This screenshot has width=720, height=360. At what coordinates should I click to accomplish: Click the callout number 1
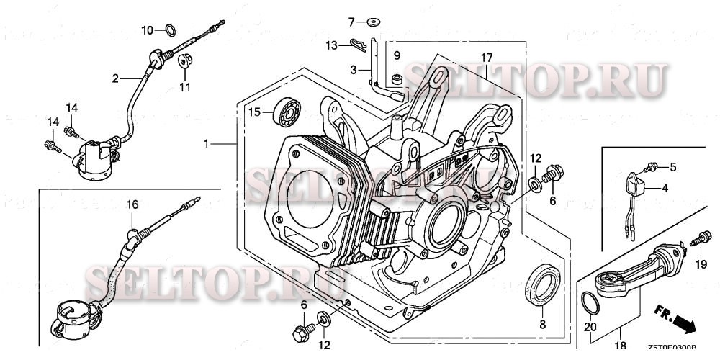tap(206, 145)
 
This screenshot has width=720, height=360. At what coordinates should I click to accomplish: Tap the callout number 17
tap(487, 57)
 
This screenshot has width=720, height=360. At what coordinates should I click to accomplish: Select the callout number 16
tap(132, 204)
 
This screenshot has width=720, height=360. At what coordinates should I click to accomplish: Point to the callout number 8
tap(542, 325)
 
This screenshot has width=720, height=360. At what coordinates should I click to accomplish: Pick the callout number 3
tap(354, 69)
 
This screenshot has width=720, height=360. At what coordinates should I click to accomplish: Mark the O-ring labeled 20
tap(590, 304)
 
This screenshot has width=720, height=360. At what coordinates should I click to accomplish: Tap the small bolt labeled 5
tap(651, 168)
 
